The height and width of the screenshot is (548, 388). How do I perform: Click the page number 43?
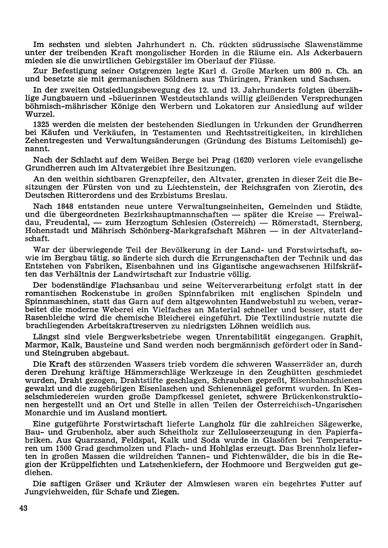(x=22, y=509)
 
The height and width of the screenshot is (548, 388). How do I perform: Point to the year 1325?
(x=43, y=124)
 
